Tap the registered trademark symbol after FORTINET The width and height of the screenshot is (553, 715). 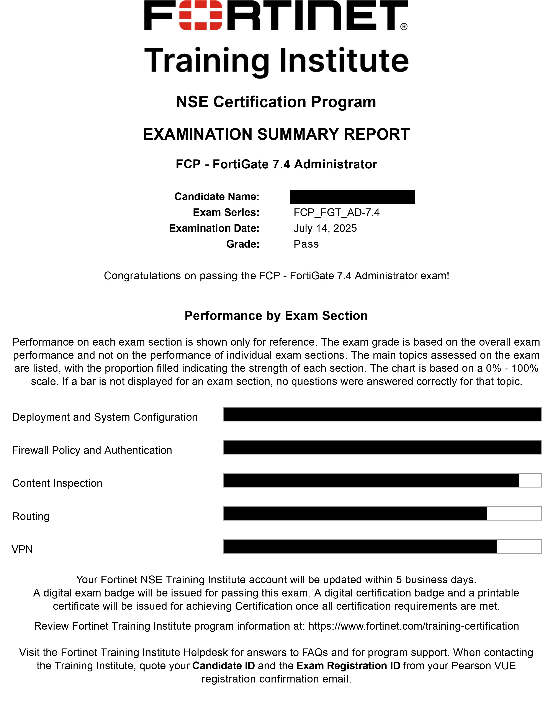[404, 26]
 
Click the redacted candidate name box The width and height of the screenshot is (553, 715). [352, 197]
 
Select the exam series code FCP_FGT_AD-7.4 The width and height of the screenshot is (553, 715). [336, 213]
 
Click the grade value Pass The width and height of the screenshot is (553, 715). [306, 244]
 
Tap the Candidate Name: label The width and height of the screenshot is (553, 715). [217, 197]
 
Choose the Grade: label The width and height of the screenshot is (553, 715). [242, 244]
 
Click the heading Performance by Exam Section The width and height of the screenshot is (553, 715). [276, 316]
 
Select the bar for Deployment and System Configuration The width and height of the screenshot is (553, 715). [382, 414]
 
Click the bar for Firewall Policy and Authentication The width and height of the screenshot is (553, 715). [382, 447]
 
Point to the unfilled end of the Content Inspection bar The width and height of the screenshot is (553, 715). [530, 480]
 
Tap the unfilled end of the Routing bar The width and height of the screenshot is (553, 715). [514, 513]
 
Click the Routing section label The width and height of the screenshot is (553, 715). [31, 516]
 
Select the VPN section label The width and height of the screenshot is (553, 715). [22, 549]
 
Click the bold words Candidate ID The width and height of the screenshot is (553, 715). [223, 666]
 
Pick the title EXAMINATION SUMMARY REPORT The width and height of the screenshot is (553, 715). [276, 134]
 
